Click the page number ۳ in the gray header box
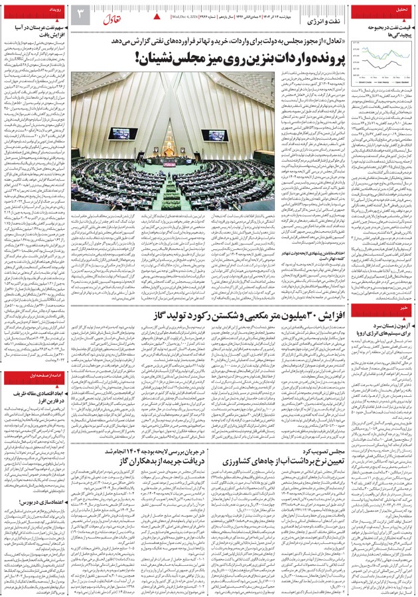click(79, 13)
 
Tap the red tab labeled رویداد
click(54, 11)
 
